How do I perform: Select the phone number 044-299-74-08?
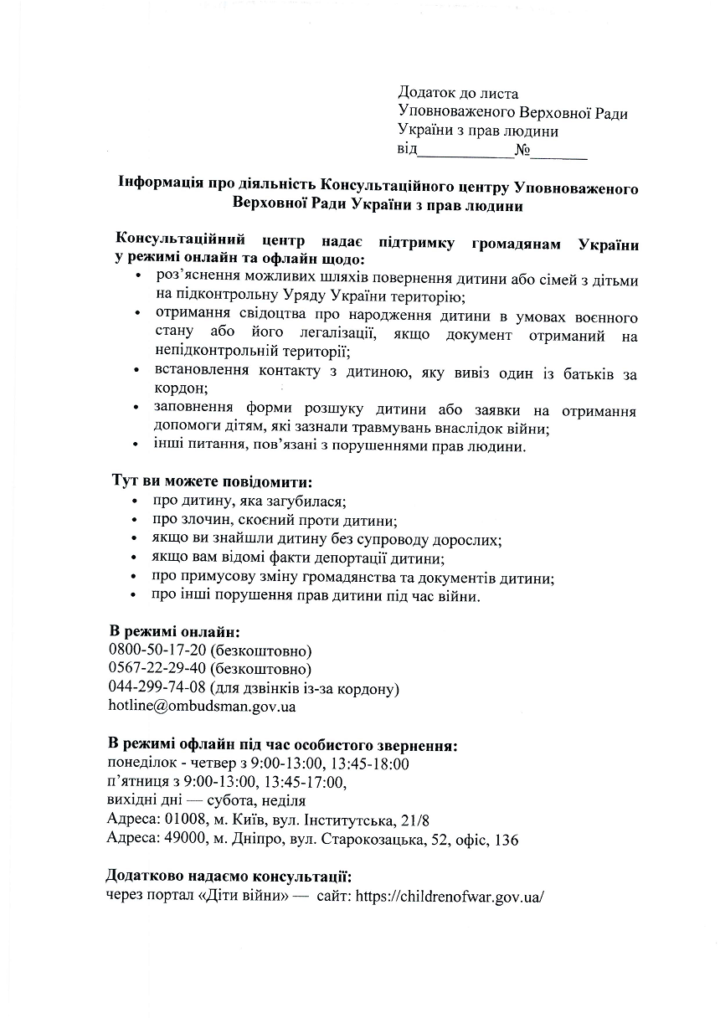pyautogui.click(x=157, y=687)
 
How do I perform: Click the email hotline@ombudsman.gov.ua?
pyautogui.click(x=202, y=706)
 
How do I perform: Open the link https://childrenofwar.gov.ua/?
pyautogui.click(x=450, y=896)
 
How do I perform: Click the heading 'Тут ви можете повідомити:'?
pyautogui.click(x=213, y=483)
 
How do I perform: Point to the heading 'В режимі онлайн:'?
pyautogui.click(x=174, y=631)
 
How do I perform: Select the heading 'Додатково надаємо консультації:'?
pyautogui.click(x=229, y=877)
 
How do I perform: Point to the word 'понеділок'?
pyautogui.click(x=141, y=763)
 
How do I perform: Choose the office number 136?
pyautogui.click(x=507, y=839)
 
